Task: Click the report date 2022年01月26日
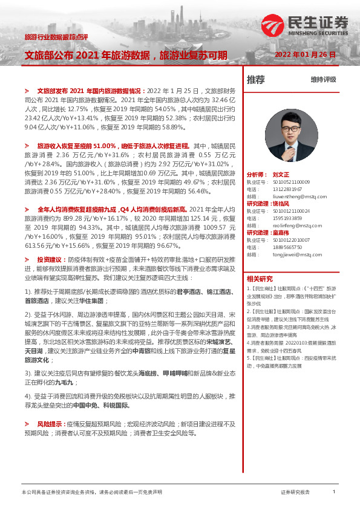(x=304, y=54)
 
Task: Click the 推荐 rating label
(x=256, y=79)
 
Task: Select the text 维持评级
(x=323, y=79)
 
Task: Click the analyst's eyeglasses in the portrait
(x=292, y=125)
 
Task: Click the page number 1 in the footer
(x=333, y=492)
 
